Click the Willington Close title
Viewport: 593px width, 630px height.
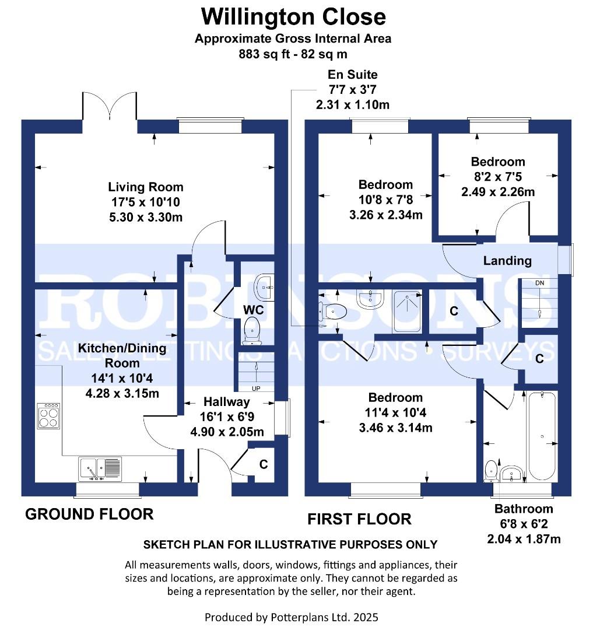click(293, 16)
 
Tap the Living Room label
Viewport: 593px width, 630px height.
click(145, 187)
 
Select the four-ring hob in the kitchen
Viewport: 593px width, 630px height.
click(48, 416)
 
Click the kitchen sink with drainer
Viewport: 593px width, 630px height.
click(100, 468)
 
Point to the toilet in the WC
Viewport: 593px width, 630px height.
click(252, 329)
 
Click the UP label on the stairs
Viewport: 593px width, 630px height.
click(255, 388)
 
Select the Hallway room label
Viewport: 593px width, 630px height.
click(226, 402)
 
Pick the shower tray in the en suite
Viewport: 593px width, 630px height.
click(406, 311)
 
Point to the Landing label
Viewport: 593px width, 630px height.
click(507, 261)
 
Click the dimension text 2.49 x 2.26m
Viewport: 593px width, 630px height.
click(498, 191)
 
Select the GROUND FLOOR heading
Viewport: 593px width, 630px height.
click(89, 514)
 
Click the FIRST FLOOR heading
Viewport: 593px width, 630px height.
click(359, 519)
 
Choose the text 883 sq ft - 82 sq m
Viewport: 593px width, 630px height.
click(293, 54)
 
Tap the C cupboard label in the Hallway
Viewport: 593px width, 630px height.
click(264, 464)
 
